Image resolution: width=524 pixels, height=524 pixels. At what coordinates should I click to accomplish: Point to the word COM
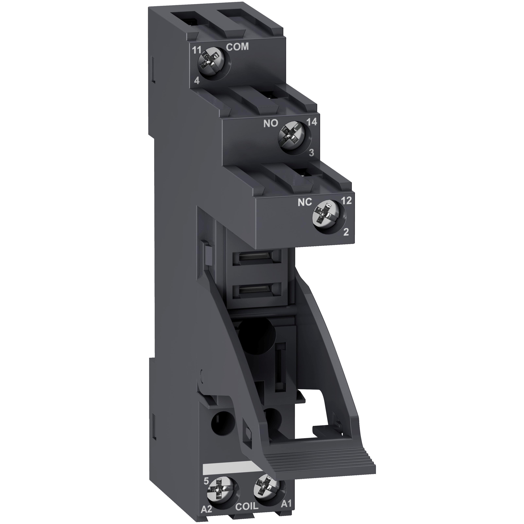pos(237,47)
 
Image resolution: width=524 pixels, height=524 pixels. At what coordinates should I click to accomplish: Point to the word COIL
pos(247,513)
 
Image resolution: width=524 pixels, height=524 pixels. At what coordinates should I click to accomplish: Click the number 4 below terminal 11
pos(197,82)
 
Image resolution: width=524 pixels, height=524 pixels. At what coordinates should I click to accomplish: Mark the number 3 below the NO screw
pos(311,153)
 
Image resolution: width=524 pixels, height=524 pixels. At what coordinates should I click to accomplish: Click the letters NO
pos(271,124)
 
